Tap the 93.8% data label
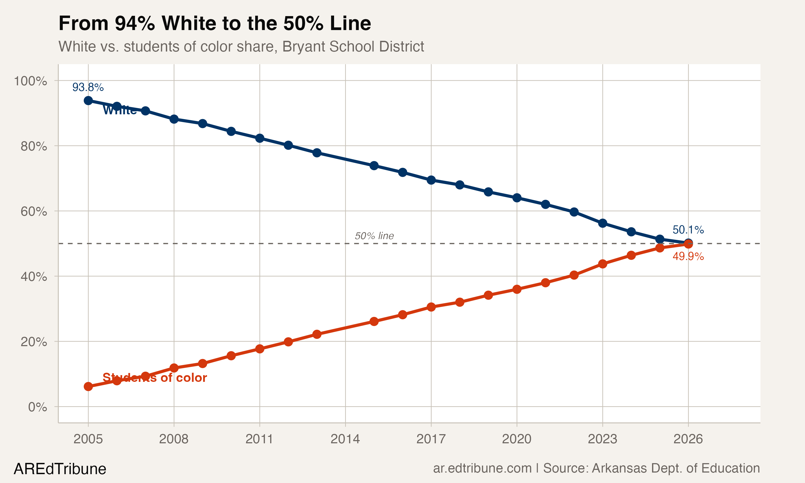click(88, 87)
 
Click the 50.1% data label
click(688, 230)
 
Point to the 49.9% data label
click(688, 257)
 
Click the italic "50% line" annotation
click(374, 236)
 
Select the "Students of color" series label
click(155, 378)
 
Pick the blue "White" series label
click(120, 110)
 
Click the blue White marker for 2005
click(88, 101)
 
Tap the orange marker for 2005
click(88, 386)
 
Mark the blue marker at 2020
click(517, 197)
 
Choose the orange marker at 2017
click(431, 307)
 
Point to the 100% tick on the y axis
click(30, 81)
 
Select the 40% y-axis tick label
click(34, 277)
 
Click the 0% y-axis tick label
click(37, 407)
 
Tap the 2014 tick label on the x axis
click(345, 439)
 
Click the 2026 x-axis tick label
click(688, 439)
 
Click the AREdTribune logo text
click(60, 469)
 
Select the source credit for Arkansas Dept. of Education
click(596, 468)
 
